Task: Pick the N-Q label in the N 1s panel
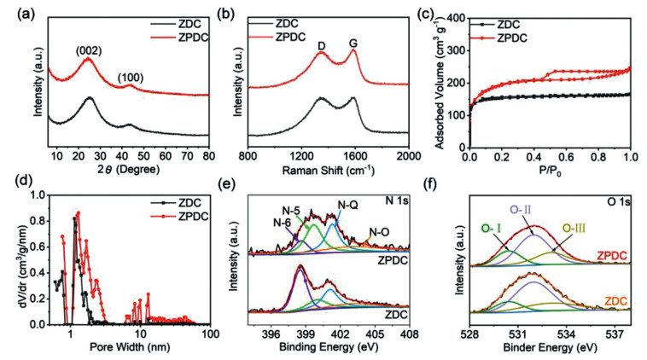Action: click(349, 206)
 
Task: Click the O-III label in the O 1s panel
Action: click(574, 228)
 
